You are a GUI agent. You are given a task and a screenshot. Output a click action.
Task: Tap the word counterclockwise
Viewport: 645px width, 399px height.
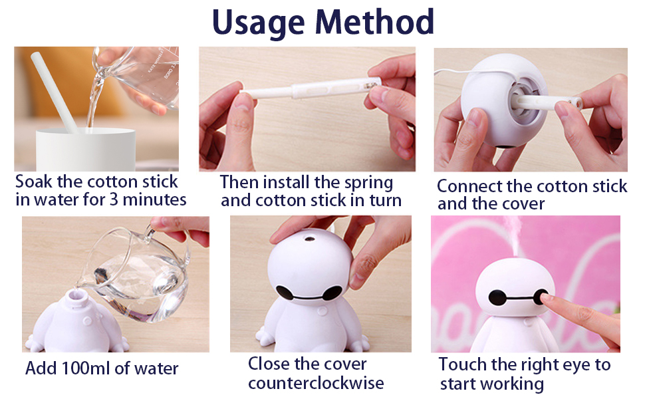[x=316, y=383]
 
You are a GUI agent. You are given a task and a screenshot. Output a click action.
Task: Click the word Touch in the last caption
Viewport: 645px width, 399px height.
[x=463, y=364]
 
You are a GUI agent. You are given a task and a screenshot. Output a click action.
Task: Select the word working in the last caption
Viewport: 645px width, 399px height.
[x=512, y=384]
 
